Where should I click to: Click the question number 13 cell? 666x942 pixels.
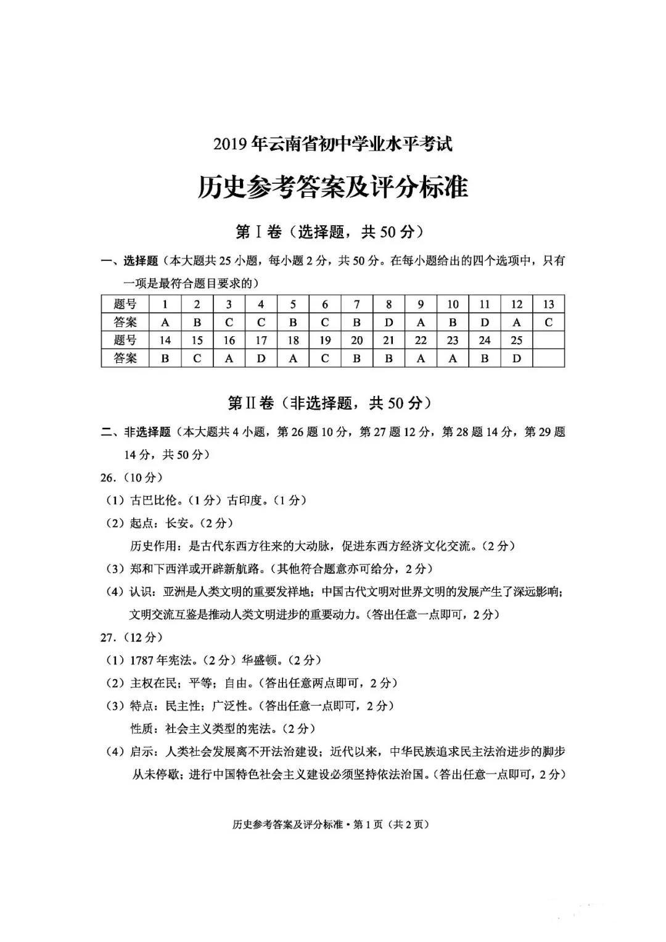tap(548, 304)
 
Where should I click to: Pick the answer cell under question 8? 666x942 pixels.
tap(388, 322)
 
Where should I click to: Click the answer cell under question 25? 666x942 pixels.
tap(516, 358)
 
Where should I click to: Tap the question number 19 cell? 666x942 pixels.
tap(325, 340)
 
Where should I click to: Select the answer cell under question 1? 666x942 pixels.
tap(165, 322)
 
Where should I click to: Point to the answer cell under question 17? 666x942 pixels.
tap(261, 358)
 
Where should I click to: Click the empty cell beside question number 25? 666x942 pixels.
tap(548, 340)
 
